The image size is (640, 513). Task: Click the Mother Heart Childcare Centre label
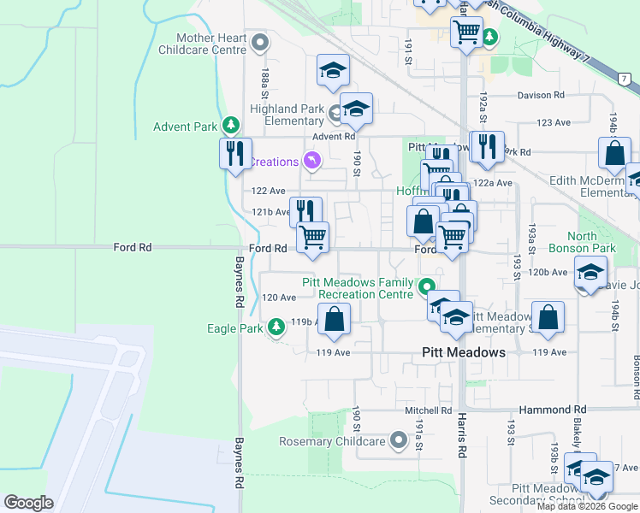point(210,44)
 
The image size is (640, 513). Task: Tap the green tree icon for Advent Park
point(230,127)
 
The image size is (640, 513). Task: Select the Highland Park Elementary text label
point(287,115)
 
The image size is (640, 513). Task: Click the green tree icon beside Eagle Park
point(276,327)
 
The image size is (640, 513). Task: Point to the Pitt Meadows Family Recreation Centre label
point(358,288)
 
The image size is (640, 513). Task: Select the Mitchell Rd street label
point(428,410)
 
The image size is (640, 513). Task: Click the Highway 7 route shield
point(625,80)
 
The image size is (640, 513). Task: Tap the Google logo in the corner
point(29,503)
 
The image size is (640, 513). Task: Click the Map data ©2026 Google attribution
point(587,506)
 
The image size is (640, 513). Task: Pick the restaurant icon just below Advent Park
point(234,154)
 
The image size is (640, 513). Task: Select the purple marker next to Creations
point(312,161)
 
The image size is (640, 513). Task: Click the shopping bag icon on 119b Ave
point(335,320)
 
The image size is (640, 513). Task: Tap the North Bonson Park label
point(593,242)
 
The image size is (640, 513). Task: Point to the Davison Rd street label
point(541,96)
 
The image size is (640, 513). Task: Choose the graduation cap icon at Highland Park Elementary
point(355,109)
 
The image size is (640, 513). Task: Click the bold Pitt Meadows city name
point(464,352)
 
